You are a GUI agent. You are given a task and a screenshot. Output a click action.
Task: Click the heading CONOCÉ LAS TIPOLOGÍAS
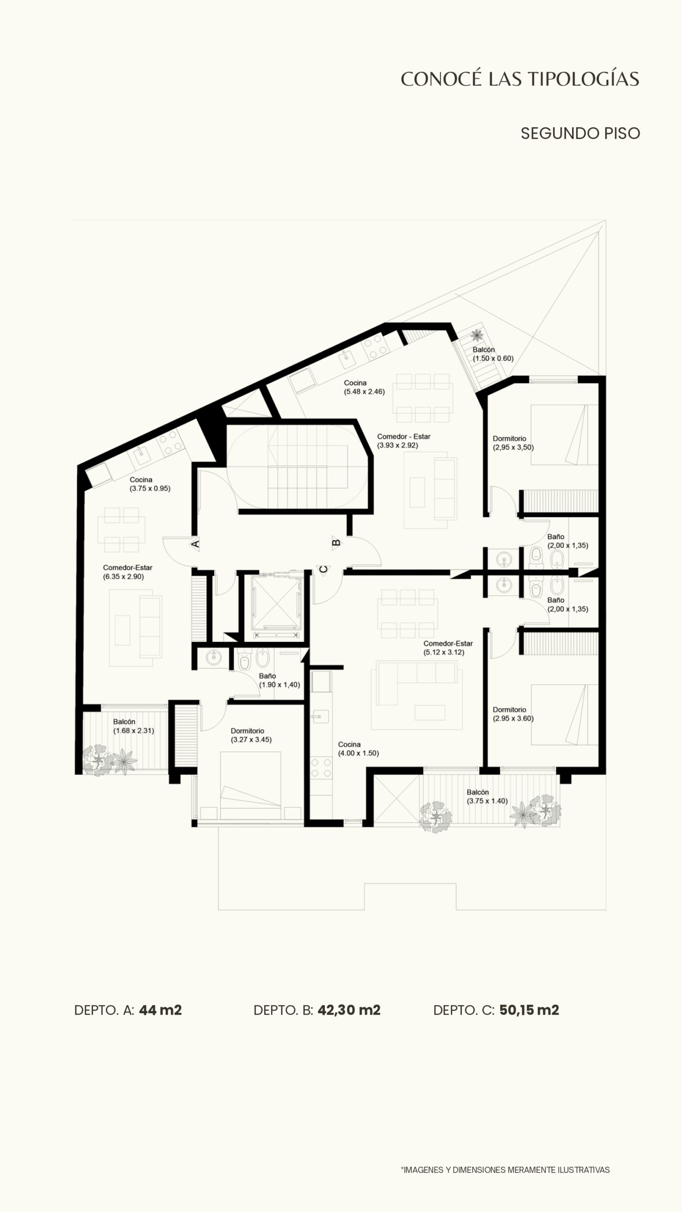click(520, 79)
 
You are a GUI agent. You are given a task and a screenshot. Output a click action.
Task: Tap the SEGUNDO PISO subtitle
click(580, 134)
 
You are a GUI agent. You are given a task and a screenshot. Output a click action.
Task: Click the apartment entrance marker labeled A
click(195, 544)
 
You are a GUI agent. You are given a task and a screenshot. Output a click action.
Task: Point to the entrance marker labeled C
click(323, 570)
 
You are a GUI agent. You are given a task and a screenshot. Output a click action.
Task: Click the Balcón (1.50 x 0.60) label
click(493, 354)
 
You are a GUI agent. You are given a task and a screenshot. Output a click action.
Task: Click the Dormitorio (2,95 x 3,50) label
click(513, 443)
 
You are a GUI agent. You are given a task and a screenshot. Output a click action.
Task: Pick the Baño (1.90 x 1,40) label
click(279, 680)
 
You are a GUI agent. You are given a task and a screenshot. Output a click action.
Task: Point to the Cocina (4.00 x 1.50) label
click(359, 749)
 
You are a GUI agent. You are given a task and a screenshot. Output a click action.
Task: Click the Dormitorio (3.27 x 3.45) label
click(251, 735)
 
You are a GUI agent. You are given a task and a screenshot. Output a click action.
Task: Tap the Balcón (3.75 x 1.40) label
click(487, 796)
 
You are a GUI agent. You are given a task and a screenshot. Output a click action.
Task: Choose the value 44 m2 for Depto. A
click(161, 1010)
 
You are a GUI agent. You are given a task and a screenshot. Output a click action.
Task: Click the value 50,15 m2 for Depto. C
click(529, 1010)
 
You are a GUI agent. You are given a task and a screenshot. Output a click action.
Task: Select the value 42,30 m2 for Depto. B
click(349, 1010)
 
